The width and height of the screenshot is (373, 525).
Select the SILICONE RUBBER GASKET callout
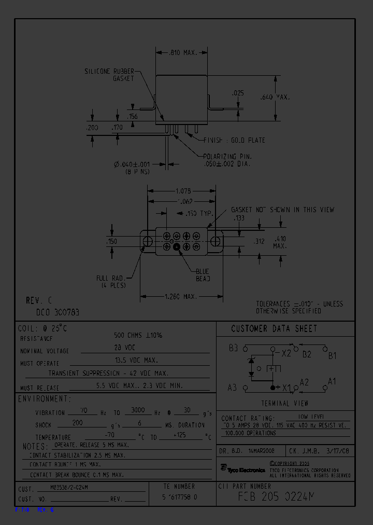(x=109, y=74)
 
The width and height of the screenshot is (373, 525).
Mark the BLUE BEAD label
(x=203, y=275)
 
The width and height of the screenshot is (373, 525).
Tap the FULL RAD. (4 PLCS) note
(x=111, y=282)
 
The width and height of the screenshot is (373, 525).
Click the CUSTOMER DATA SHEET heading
(x=274, y=329)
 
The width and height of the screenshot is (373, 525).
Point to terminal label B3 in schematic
(x=233, y=348)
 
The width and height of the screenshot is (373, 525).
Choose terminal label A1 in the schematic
(x=332, y=381)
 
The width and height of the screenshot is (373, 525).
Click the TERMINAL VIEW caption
(x=284, y=403)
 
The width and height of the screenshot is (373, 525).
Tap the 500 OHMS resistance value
(x=138, y=336)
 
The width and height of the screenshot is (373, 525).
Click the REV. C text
(x=39, y=301)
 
